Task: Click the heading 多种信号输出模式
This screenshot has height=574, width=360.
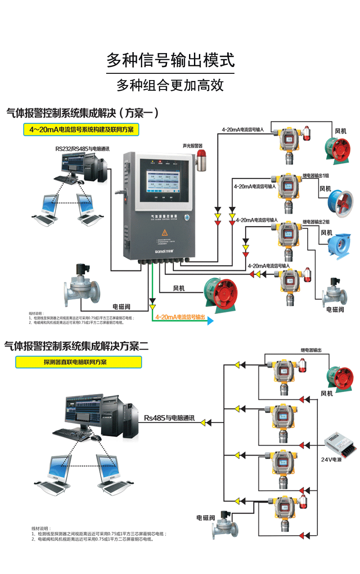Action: [171, 60]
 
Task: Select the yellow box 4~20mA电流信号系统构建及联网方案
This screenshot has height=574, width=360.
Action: [81, 130]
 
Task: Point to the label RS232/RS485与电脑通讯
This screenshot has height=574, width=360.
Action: [82, 148]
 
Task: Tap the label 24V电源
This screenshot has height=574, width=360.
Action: [331, 459]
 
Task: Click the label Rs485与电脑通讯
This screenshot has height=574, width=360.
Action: [169, 418]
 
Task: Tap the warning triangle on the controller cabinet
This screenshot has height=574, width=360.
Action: [165, 232]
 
